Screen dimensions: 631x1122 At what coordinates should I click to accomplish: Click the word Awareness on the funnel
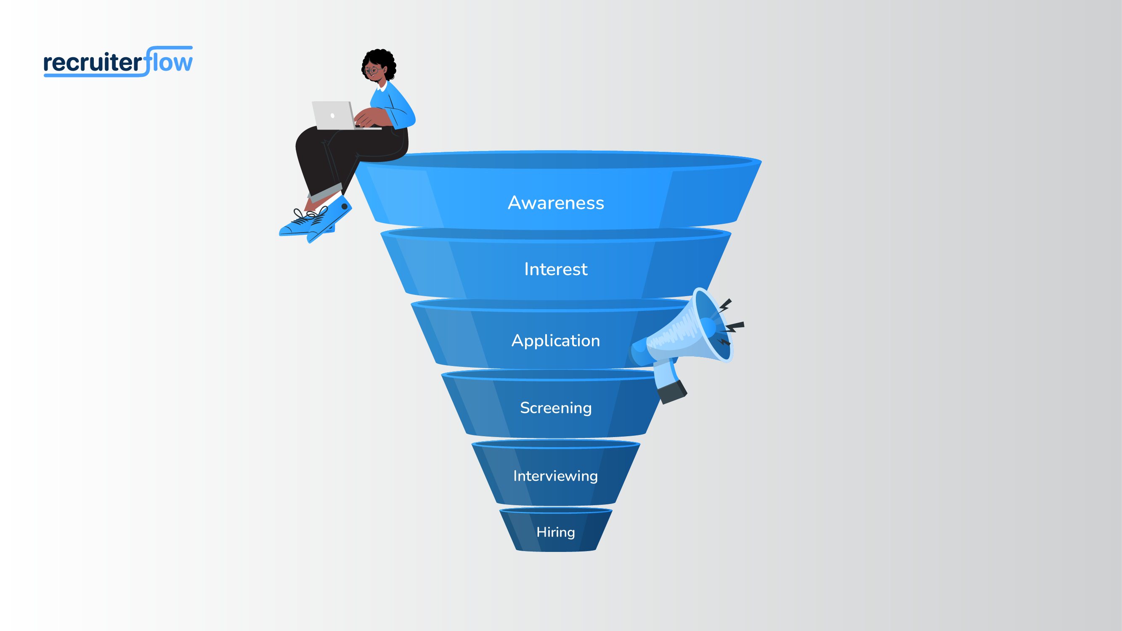pos(556,203)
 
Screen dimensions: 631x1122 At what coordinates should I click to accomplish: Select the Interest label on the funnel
pos(556,269)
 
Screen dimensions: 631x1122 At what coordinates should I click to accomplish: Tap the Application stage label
pos(556,341)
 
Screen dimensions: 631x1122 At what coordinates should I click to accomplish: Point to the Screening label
pos(556,408)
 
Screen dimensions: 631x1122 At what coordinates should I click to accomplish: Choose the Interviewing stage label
pos(555,475)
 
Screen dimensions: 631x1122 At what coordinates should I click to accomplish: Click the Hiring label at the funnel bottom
pos(555,532)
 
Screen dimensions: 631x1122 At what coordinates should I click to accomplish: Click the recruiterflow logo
pos(118,62)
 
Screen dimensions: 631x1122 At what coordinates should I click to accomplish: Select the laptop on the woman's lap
pos(334,115)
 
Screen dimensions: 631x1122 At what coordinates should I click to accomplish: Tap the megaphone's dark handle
pos(671,392)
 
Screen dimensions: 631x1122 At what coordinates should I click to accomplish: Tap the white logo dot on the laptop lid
pos(333,115)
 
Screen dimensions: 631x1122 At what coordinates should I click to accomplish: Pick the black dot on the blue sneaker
pos(345,207)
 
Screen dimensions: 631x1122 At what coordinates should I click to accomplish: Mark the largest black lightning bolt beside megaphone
pos(735,326)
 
